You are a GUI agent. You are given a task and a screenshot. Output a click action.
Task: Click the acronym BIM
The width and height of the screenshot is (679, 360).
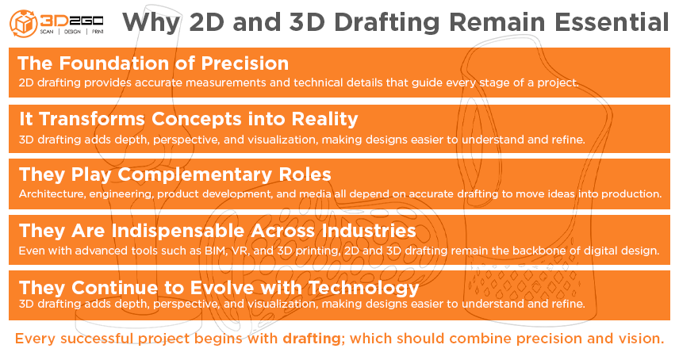(x=217, y=251)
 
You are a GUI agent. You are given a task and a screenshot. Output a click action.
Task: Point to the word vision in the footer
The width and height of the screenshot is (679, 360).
(x=640, y=339)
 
